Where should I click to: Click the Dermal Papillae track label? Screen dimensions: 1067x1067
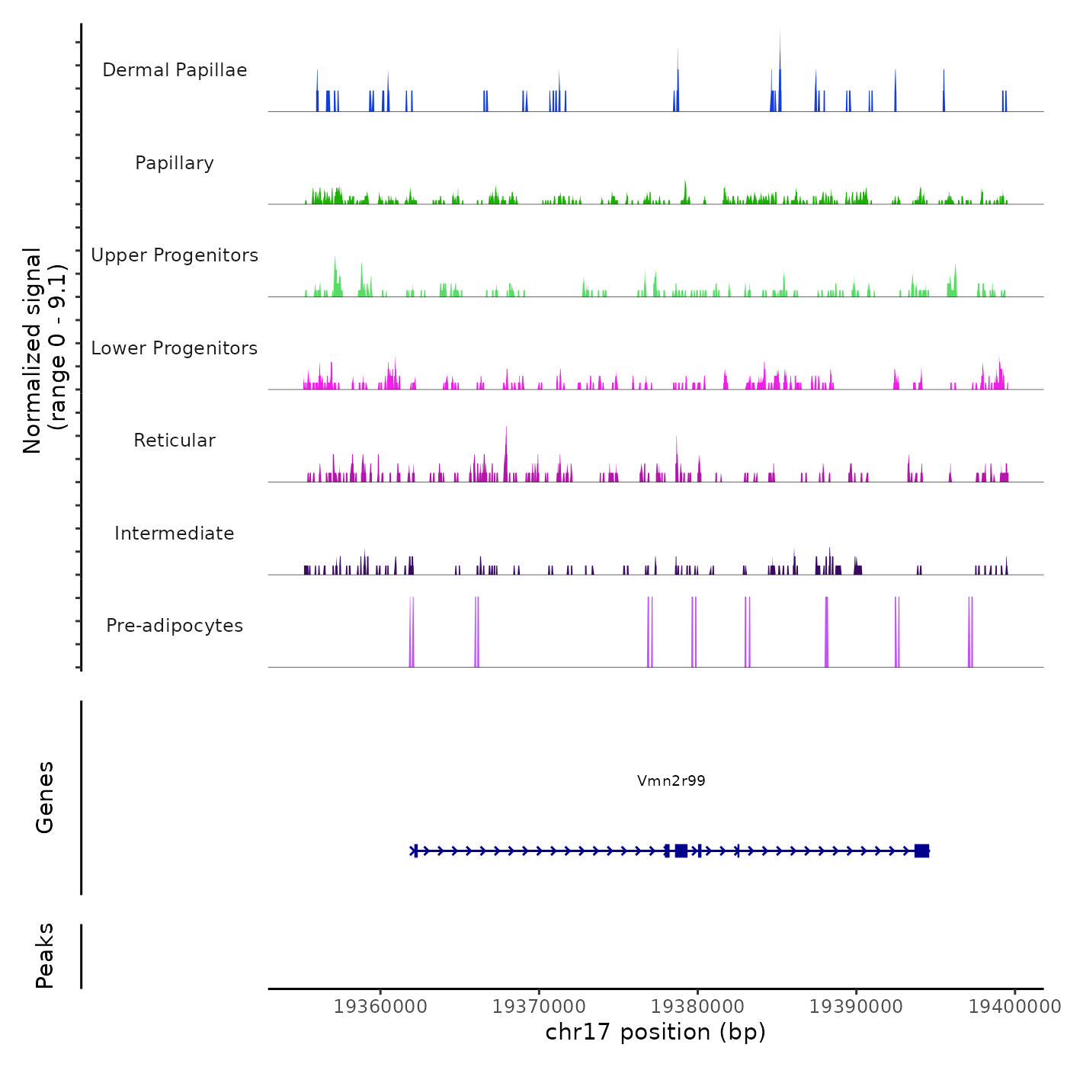(175, 70)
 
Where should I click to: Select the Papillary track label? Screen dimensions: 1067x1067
(175, 163)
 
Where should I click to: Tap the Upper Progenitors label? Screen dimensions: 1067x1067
(175, 255)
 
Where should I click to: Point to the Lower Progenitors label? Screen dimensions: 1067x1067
(175, 348)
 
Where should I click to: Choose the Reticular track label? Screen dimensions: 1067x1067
(175, 441)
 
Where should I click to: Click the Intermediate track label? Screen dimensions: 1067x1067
(175, 533)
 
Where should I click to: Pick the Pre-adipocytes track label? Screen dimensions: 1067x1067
(175, 626)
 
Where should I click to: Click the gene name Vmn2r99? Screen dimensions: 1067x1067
(671, 780)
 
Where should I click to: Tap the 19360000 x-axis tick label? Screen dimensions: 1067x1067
(380, 1007)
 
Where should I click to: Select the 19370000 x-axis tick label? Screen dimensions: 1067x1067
(539, 1007)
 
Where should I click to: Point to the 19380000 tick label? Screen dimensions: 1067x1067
(697, 1007)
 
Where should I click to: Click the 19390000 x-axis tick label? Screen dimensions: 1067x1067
(856, 1007)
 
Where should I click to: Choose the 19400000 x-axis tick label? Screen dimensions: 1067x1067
(1014, 1007)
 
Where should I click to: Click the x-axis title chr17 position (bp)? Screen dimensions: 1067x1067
(655, 1032)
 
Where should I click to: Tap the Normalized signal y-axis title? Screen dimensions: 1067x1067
(44, 350)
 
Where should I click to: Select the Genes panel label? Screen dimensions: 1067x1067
(44, 797)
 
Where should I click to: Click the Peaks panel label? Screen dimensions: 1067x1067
(44, 956)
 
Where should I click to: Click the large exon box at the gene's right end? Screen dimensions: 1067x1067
(921, 851)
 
